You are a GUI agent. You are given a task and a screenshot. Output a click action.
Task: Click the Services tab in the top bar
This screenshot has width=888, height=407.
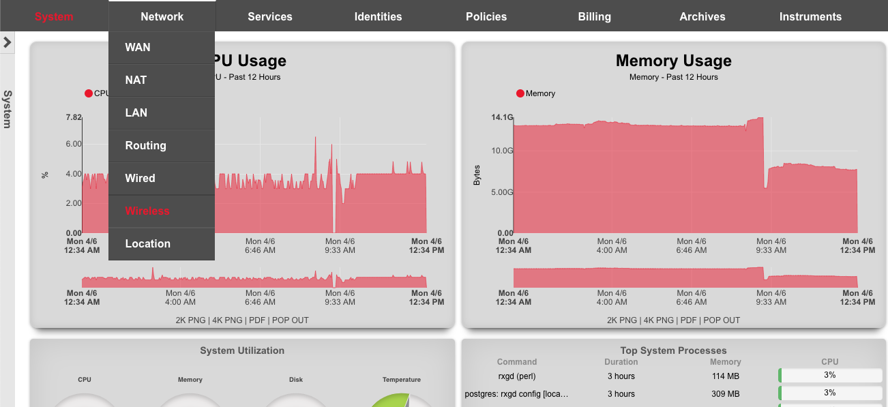[x=270, y=16]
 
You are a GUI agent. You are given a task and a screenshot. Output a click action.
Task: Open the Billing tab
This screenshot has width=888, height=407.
[x=594, y=16]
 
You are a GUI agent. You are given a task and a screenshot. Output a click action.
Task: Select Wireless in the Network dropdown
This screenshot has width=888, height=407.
[x=147, y=211]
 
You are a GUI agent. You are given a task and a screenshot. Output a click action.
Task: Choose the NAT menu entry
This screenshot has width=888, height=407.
[x=136, y=80]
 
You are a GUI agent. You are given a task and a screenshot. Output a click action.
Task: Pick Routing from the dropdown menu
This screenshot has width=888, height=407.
[x=145, y=146]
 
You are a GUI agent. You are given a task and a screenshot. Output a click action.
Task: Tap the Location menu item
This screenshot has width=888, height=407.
[x=148, y=244]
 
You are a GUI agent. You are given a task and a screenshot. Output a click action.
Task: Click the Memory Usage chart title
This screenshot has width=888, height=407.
[x=673, y=61]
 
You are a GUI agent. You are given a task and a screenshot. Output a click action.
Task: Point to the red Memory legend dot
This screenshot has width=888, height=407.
[x=520, y=93]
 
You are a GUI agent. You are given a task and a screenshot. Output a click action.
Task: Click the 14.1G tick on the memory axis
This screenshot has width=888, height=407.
[x=502, y=117]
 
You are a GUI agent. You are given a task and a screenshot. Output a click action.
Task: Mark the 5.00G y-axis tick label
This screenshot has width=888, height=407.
[x=501, y=192]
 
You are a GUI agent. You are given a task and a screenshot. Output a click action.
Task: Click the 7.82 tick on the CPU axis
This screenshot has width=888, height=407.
[x=74, y=117]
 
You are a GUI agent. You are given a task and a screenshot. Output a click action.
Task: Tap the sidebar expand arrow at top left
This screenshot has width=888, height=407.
[x=8, y=42]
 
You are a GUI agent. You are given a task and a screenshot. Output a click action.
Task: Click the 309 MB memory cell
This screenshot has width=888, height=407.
[x=725, y=394]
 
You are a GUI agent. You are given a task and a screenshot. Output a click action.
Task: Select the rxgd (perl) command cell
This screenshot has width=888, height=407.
[x=517, y=376]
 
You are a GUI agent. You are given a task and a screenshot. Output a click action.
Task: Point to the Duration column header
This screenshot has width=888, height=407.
[x=621, y=362]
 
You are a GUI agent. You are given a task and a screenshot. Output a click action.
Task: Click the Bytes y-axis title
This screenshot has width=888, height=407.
[x=477, y=175]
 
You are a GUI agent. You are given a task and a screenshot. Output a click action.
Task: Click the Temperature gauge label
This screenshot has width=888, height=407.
[x=401, y=380]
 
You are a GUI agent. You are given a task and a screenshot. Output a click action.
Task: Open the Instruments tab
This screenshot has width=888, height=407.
[x=810, y=16]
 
